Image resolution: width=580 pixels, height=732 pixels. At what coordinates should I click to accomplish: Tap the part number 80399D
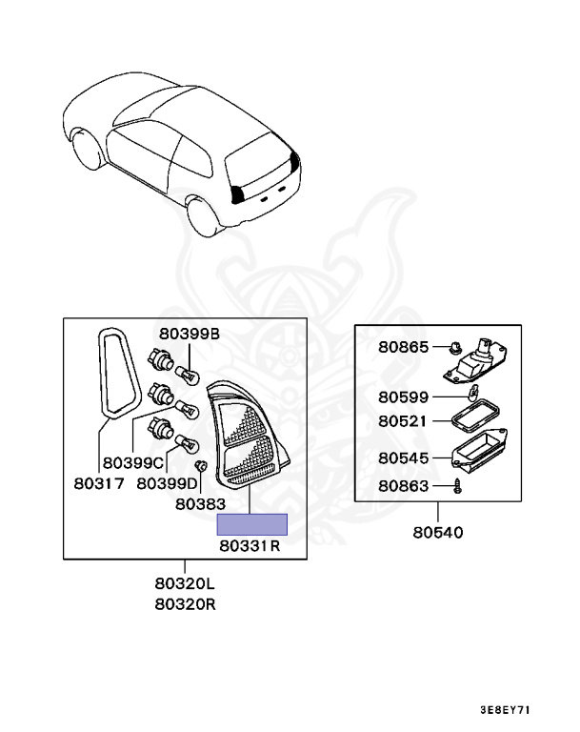[168, 483]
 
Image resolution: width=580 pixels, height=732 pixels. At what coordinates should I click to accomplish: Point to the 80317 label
[98, 483]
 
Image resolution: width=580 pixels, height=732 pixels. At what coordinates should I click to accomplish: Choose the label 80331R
[249, 546]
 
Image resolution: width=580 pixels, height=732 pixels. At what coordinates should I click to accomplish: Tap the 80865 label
[404, 347]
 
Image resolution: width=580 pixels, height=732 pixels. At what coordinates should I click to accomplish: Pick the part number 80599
[404, 396]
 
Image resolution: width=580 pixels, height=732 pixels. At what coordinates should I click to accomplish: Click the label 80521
[404, 419]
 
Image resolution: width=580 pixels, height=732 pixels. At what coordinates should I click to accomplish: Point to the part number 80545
[404, 457]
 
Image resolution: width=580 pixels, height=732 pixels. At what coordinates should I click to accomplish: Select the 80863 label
[404, 486]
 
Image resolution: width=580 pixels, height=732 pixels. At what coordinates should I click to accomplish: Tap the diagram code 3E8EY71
[505, 710]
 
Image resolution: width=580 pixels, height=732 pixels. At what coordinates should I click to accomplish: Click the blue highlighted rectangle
[252, 523]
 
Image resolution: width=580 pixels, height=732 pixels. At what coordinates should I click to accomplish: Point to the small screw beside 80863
[458, 486]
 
